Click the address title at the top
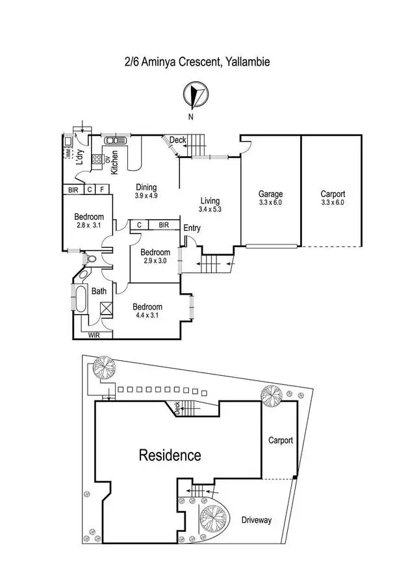click(197, 62)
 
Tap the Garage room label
click(270, 194)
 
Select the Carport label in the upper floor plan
click(333, 194)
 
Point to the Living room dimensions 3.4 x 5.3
click(210, 209)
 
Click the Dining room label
click(146, 187)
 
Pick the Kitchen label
click(115, 163)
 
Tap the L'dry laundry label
click(81, 158)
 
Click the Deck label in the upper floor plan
click(177, 140)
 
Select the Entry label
click(192, 228)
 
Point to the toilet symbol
click(90, 258)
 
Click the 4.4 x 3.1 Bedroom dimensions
click(147, 315)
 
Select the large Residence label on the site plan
click(170, 455)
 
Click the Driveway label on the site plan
click(256, 520)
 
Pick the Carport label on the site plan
click(281, 440)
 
